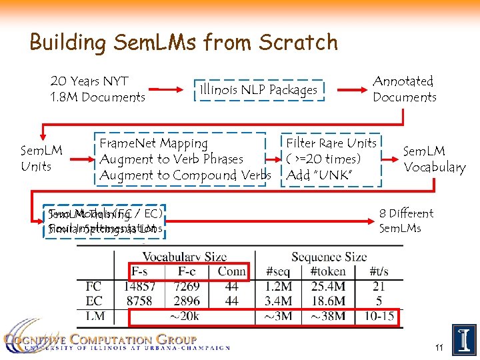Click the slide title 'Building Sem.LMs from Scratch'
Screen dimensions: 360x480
coord(183,43)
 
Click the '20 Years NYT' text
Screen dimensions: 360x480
coord(89,81)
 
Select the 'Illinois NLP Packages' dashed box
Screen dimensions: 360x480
coord(259,89)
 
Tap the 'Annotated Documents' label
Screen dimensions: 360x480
coord(404,89)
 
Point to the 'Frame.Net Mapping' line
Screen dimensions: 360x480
coord(154,143)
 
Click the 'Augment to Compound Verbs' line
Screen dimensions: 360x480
coord(185,175)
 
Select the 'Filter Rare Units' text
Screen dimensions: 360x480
coord(331,143)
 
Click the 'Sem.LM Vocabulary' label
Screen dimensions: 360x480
coord(434,159)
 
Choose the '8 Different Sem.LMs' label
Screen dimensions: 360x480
coord(406,221)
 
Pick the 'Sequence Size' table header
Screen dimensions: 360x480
coord(329,257)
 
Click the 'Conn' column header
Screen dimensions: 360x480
coord(232,271)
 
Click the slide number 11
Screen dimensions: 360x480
coord(439,347)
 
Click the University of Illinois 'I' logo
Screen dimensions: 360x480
coord(464,340)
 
